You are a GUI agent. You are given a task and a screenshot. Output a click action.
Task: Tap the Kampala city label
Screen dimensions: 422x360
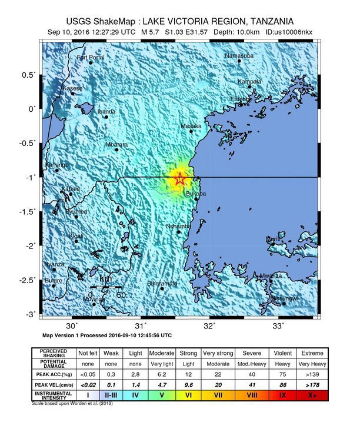click(249, 81)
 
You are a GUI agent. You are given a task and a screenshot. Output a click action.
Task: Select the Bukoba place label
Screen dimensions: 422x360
click(195, 193)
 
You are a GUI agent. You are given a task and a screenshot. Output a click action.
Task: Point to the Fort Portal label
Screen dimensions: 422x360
click(91, 57)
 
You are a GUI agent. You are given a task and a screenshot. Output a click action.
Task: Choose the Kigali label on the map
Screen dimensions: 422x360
click(76, 235)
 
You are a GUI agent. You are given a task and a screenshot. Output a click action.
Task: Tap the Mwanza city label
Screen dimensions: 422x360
click(271, 275)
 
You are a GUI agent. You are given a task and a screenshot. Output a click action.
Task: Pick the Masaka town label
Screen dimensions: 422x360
click(191, 126)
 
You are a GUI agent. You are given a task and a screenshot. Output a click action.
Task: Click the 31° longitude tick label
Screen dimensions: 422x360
click(141, 325)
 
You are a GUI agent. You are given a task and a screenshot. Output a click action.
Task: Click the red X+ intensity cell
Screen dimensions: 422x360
click(311, 395)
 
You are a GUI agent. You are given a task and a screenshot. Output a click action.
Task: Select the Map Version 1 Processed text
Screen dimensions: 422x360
click(107, 335)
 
